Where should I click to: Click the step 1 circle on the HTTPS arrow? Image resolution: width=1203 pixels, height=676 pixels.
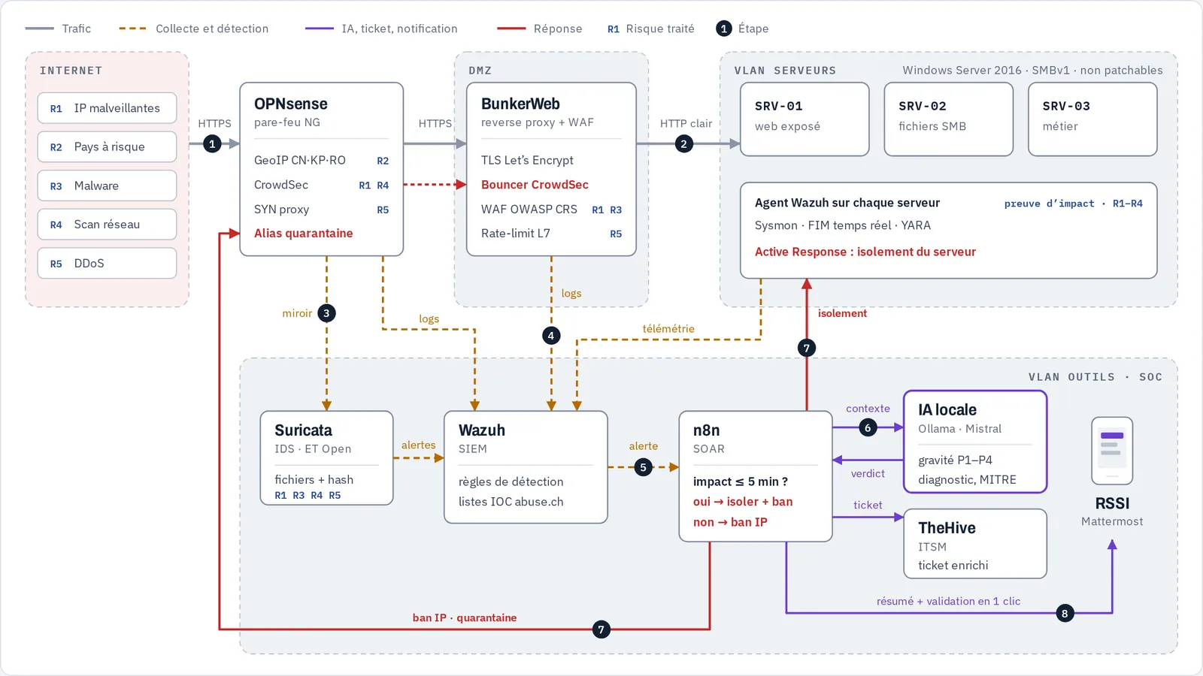click(x=212, y=143)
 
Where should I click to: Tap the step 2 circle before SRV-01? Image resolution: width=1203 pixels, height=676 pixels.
click(x=683, y=143)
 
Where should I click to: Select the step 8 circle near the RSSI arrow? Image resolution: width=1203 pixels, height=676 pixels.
click(x=1065, y=613)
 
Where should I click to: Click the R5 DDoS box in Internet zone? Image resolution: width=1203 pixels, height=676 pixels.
click(x=107, y=264)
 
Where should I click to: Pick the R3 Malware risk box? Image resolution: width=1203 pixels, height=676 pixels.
click(x=107, y=186)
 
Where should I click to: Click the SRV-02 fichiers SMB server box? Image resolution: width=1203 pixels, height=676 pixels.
click(x=948, y=119)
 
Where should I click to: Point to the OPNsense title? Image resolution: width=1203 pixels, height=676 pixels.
click(x=290, y=104)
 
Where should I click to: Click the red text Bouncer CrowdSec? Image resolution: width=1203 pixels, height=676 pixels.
click(x=535, y=185)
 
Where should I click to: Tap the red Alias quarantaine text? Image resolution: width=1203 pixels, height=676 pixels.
click(x=304, y=234)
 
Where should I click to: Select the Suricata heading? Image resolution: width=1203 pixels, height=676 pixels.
click(x=304, y=430)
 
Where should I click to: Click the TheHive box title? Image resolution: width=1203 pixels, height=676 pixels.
click(x=947, y=528)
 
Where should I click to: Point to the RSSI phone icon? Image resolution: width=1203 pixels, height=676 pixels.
click(x=1112, y=451)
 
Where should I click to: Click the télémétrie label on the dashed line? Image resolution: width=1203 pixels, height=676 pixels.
click(x=668, y=329)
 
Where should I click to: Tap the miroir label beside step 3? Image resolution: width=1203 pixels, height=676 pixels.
click(x=297, y=313)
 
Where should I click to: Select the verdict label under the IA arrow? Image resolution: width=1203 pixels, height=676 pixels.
click(x=868, y=474)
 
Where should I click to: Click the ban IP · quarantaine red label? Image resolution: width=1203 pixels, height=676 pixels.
click(x=465, y=618)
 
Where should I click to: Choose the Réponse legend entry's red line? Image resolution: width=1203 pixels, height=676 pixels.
click(x=511, y=29)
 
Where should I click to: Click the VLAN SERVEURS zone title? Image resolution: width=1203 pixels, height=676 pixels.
click(x=785, y=71)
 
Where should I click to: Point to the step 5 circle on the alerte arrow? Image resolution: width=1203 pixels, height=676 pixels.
click(x=643, y=467)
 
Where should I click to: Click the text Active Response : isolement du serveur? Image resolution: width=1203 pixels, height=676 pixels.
click(x=865, y=252)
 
